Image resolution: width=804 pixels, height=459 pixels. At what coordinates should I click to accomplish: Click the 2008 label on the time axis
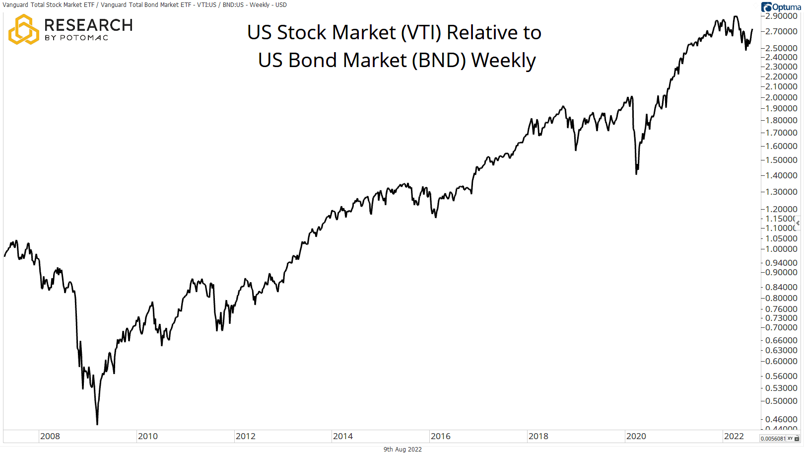[x=50, y=436]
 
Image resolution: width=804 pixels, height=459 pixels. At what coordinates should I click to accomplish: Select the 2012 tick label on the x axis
[x=245, y=436]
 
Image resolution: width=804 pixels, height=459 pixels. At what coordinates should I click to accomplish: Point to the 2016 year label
[x=440, y=436]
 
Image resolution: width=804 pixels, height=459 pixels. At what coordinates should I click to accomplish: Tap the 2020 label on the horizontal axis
[x=636, y=436]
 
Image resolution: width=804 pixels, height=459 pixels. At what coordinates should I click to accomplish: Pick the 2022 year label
[x=734, y=436]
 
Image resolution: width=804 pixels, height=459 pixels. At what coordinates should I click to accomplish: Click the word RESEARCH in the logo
[x=88, y=25]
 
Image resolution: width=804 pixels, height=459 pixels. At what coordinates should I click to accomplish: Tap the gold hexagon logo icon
[x=23, y=29]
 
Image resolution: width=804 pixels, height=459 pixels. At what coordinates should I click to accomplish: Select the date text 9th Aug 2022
[x=402, y=449]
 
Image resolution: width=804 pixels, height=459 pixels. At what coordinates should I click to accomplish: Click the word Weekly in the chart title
[x=503, y=60]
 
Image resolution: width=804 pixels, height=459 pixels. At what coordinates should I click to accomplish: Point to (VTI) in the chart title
[x=421, y=32]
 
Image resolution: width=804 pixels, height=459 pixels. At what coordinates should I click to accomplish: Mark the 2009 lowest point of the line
[x=97, y=424]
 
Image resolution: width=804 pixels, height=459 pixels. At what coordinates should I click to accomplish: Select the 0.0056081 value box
[x=773, y=439]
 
